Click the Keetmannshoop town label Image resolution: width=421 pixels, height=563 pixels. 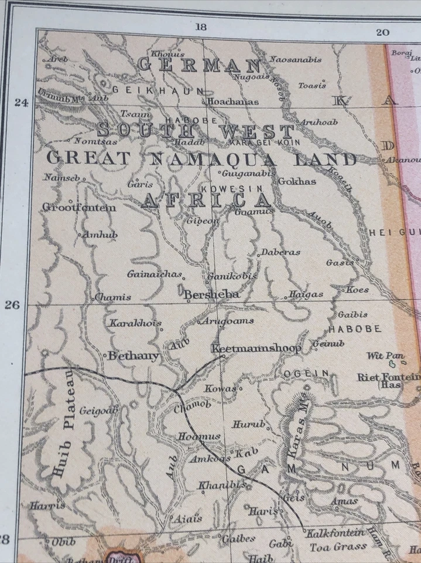click(256, 348)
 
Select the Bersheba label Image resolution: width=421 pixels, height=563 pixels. click(211, 294)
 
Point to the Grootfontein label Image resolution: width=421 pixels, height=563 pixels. click(79, 208)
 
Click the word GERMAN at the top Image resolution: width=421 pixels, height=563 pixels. click(199, 65)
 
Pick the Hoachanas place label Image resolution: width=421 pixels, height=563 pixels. click(233, 101)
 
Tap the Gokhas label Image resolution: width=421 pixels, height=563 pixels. click(297, 181)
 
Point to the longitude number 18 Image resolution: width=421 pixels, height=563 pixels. click(201, 26)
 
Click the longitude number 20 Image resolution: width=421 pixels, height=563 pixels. click(382, 32)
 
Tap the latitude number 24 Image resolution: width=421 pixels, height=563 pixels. click(22, 103)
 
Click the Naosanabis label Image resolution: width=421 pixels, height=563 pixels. click(296, 59)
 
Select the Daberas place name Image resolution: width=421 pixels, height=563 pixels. click(280, 252)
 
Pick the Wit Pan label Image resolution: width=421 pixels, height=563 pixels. click(385, 356)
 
